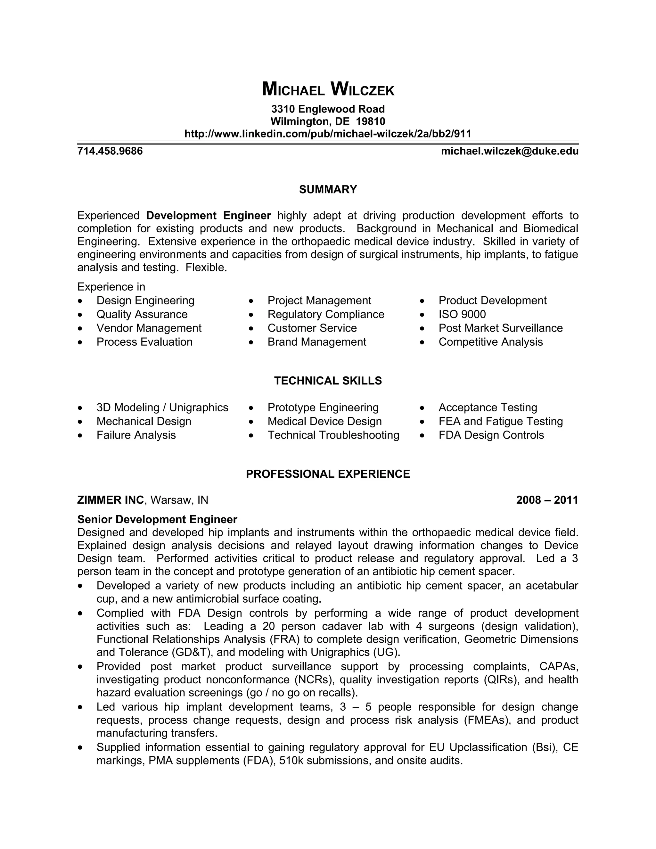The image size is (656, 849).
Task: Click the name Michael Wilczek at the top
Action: pyautogui.click(x=328, y=89)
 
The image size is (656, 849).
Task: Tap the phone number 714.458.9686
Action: pyautogui.click(x=110, y=151)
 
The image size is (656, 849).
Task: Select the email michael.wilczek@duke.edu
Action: pyautogui.click(x=510, y=151)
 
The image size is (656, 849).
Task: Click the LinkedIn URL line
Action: pyautogui.click(x=328, y=134)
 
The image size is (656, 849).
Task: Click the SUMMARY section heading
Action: pyautogui.click(x=328, y=189)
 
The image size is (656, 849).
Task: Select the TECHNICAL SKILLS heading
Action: pyautogui.click(x=328, y=381)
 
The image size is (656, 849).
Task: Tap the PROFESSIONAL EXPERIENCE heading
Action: pyautogui.click(x=328, y=474)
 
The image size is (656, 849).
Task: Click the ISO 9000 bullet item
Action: pyautogui.click(x=462, y=314)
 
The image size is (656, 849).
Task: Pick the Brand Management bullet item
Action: pyautogui.click(x=317, y=342)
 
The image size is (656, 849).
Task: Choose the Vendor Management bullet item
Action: pyautogui.click(x=149, y=328)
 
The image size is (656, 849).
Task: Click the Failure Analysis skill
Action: pyautogui.click(x=136, y=435)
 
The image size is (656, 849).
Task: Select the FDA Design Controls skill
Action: pyautogui.click(x=491, y=435)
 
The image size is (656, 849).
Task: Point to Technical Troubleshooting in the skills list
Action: pyautogui.click(x=333, y=435)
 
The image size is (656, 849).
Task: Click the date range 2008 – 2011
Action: pyautogui.click(x=547, y=500)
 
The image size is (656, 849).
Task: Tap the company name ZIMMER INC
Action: pyautogui.click(x=111, y=500)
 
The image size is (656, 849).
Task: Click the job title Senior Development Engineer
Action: pyautogui.click(x=157, y=519)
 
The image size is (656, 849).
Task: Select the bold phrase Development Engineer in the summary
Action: pyautogui.click(x=208, y=215)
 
